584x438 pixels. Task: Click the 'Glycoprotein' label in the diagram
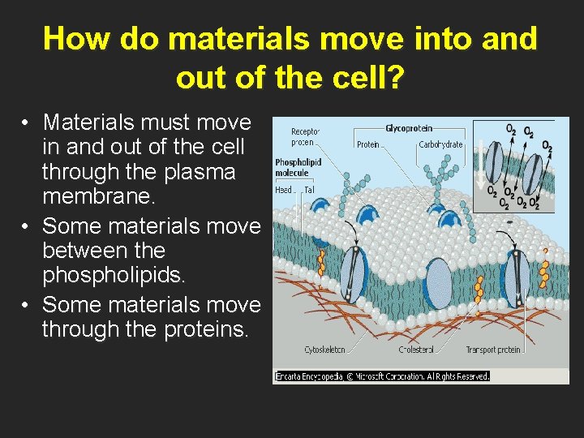click(x=409, y=128)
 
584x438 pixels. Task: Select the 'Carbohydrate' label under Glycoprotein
click(x=440, y=144)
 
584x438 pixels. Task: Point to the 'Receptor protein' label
click(x=306, y=135)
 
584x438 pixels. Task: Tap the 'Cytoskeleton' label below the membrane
click(x=324, y=350)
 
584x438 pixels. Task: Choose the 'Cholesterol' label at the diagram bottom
click(x=416, y=350)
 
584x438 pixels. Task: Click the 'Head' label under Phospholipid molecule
click(x=284, y=189)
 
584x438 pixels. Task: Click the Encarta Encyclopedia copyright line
click(x=382, y=376)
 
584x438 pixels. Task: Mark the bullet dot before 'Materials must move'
click(x=27, y=123)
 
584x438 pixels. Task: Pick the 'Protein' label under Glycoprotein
click(x=368, y=144)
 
